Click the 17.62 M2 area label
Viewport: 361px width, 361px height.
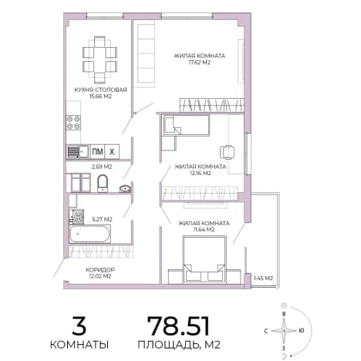tap(200, 62)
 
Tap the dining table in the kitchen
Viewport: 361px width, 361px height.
tap(100, 59)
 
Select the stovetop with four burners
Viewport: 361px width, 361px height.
tap(73, 123)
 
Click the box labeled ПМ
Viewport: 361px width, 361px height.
tap(97, 151)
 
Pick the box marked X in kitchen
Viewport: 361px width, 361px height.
tap(112, 151)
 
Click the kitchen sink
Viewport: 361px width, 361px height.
tap(78, 152)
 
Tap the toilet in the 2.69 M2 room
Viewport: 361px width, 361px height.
tap(103, 183)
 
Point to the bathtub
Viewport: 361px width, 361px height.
tap(89, 234)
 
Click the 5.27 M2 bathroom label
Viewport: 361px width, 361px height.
tap(102, 219)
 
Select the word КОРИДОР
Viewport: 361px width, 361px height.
tap(100, 270)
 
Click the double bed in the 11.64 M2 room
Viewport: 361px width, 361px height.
tap(204, 260)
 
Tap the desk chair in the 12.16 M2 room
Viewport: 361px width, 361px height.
tap(227, 152)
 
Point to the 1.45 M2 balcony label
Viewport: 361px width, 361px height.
tap(263, 278)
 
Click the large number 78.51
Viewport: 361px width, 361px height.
tap(178, 326)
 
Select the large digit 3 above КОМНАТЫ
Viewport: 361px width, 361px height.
tap(79, 326)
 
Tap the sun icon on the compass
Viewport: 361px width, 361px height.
tap(284, 305)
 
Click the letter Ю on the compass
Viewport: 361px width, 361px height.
tap(301, 331)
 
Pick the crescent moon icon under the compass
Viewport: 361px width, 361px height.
tap(284, 356)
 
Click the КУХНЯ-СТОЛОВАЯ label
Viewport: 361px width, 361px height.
tap(100, 89)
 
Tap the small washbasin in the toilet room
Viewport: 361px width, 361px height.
tap(125, 189)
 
